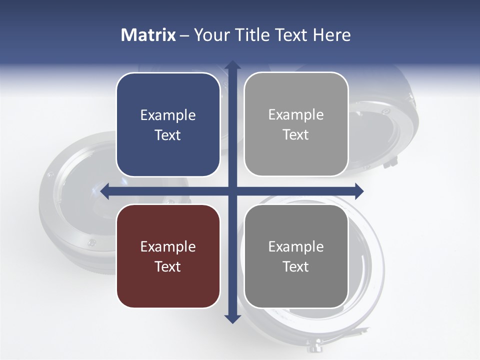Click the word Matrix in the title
(148, 35)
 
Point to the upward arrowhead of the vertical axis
(232, 65)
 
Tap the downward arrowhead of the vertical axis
(232, 318)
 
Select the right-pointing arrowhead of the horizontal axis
(359, 191)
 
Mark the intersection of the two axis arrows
(232, 191)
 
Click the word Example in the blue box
(168, 115)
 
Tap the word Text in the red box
(168, 266)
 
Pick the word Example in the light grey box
(296, 115)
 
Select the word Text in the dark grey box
(296, 266)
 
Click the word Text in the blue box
(168, 135)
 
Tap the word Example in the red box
(168, 247)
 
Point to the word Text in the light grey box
(296, 134)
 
